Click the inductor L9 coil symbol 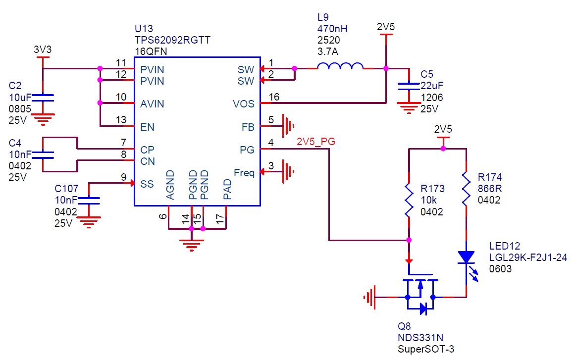[340, 67]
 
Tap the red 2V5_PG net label [316, 142]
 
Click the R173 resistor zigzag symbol [409, 201]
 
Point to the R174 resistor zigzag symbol [466, 189]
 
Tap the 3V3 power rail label [42, 50]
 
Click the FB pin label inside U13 [248, 127]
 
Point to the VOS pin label [244, 104]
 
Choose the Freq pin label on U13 [244, 173]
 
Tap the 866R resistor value [489, 189]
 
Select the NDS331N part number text [420, 338]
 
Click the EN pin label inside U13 [148, 127]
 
